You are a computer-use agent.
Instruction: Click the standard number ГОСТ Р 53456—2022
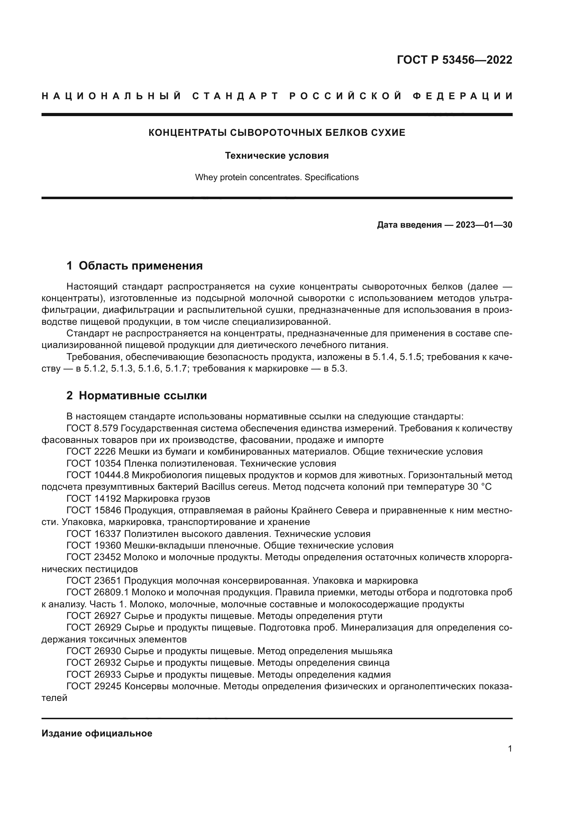454,60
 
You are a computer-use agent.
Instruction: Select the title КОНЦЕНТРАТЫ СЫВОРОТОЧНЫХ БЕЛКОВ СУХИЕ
277,133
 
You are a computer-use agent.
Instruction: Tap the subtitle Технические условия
277,156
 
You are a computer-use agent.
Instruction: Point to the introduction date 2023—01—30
484,225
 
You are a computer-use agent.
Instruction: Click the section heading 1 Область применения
134,266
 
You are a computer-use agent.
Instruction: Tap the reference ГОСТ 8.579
94,428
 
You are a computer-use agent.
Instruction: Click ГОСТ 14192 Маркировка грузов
138,499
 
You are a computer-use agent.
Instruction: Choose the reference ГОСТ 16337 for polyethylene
94,534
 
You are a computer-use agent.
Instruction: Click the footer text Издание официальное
97,733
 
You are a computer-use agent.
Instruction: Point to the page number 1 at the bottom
510,748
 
